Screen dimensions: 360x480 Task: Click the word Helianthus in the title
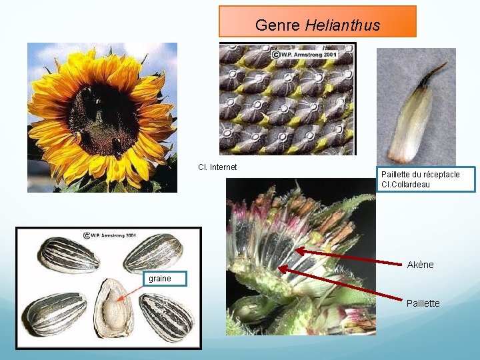point(343,26)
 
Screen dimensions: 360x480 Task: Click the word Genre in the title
point(278,26)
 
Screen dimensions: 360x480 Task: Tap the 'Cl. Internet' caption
point(217,167)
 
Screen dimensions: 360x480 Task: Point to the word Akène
point(420,265)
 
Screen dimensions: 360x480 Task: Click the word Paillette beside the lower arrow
point(423,303)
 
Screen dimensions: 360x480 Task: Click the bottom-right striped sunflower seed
point(166,317)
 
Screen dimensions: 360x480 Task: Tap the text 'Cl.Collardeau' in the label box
point(405,185)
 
